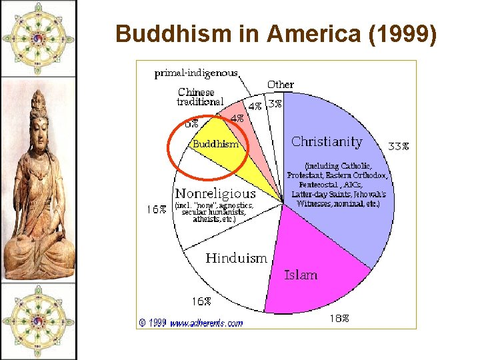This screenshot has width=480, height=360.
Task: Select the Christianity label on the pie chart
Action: click(x=327, y=142)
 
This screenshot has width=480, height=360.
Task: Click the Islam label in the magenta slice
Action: click(x=301, y=275)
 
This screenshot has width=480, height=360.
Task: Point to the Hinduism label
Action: click(x=236, y=258)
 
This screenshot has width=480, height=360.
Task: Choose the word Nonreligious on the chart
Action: click(x=215, y=194)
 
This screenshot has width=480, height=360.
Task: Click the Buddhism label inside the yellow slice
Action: click(x=215, y=144)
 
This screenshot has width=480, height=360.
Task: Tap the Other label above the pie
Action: click(x=280, y=85)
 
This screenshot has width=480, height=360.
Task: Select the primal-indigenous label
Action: click(x=196, y=73)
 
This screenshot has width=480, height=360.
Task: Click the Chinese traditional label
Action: click(x=200, y=97)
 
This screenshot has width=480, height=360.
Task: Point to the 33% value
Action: click(x=399, y=147)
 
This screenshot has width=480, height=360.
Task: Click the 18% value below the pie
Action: click(x=339, y=319)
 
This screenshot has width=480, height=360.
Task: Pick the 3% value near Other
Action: click(x=274, y=105)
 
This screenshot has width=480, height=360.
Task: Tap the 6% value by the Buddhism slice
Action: click(x=191, y=123)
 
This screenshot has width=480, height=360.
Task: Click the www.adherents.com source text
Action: click(x=206, y=323)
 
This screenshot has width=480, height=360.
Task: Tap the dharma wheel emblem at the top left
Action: click(x=38, y=37)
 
